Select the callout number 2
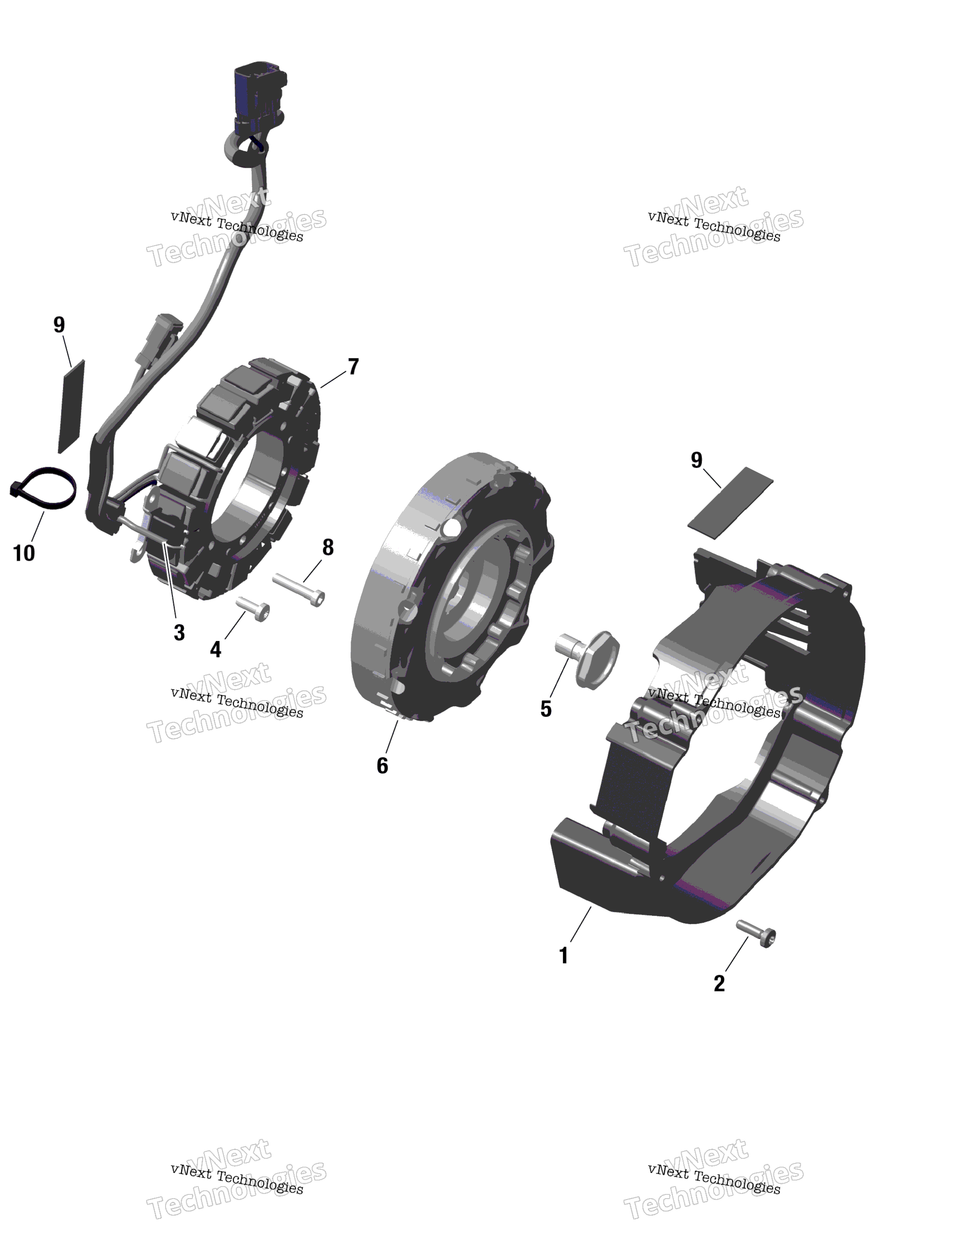719,983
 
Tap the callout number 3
179,633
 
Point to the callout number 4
216,649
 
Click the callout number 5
546,708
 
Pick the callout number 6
382,765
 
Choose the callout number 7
353,367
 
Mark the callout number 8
327,548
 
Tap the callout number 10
24,553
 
